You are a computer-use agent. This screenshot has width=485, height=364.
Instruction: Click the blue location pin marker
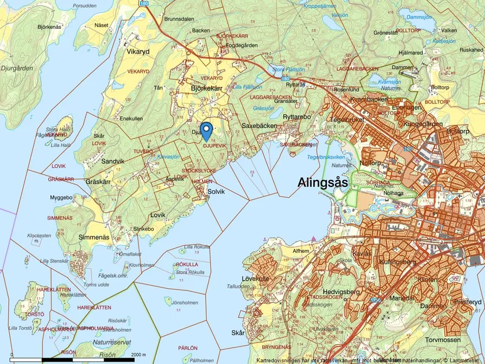pos(206,130)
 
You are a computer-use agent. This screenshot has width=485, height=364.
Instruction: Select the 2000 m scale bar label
pos(138,355)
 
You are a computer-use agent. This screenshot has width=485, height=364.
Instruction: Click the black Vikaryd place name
pos(138,51)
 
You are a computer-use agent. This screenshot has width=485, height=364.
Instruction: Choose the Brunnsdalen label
pos(179,19)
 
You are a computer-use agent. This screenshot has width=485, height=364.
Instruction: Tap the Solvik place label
pos(217,192)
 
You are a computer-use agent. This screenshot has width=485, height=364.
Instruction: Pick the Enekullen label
pos(131,118)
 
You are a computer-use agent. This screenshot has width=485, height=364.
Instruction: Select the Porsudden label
pos(84,5)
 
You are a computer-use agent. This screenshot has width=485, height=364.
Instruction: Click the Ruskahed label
pos(471,50)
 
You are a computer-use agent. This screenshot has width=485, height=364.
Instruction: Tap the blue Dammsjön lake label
pos(419,18)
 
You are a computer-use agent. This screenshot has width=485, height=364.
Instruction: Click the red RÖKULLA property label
pos(187,265)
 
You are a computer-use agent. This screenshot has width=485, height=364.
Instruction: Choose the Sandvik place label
pos(113,161)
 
